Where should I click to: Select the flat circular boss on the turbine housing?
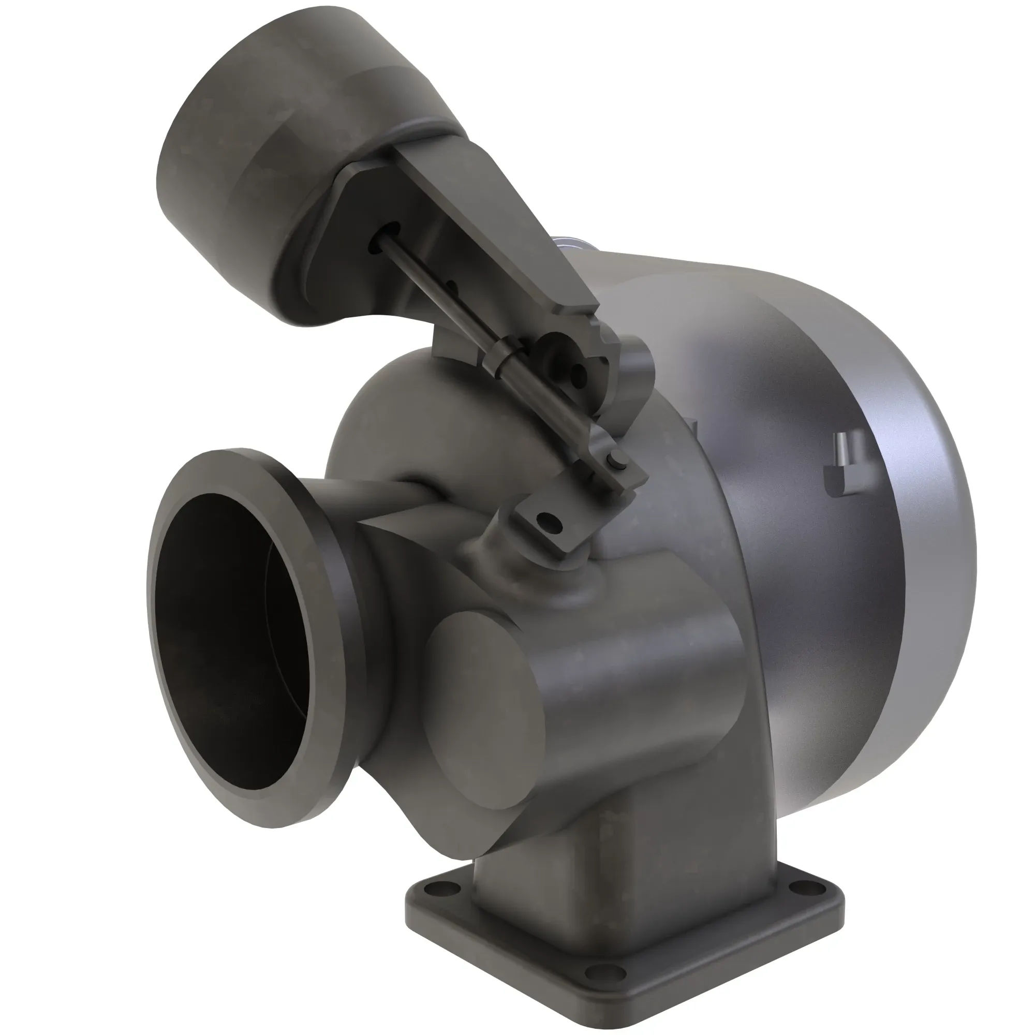tap(482, 713)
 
